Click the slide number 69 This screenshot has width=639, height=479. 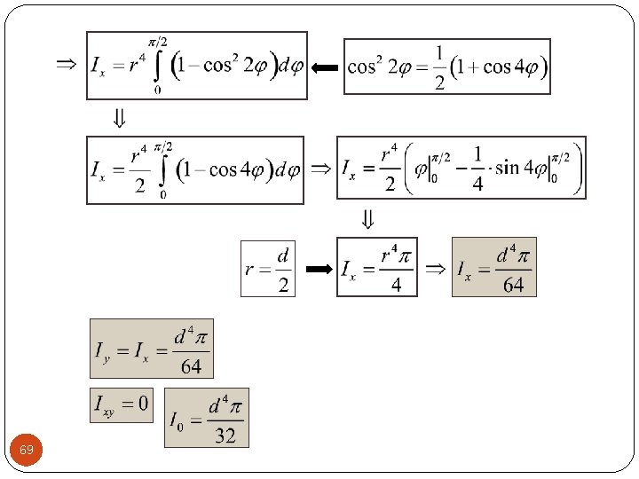pyautogui.click(x=27, y=451)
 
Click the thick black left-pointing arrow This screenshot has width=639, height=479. pyautogui.click(x=325, y=67)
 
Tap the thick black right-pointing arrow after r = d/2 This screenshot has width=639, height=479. pyautogui.click(x=316, y=268)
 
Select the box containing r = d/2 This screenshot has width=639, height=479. pyautogui.click(x=268, y=268)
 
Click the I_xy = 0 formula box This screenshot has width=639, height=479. pyautogui.click(x=122, y=405)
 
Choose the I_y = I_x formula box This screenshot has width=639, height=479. pyautogui.click(x=152, y=349)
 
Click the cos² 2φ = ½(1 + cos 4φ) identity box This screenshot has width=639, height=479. pyautogui.click(x=446, y=67)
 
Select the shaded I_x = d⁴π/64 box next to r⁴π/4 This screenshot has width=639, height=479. pyautogui.click(x=493, y=268)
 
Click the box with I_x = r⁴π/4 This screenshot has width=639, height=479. pyautogui.click(x=376, y=268)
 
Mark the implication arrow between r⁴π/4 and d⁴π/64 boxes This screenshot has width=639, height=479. pyautogui.click(x=434, y=268)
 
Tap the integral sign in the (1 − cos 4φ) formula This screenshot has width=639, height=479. pyautogui.click(x=162, y=169)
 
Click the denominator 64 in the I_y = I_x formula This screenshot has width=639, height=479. pyautogui.click(x=191, y=365)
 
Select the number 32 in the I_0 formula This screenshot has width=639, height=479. pyautogui.click(x=225, y=435)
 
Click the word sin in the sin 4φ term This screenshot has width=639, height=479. pyautogui.click(x=510, y=168)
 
